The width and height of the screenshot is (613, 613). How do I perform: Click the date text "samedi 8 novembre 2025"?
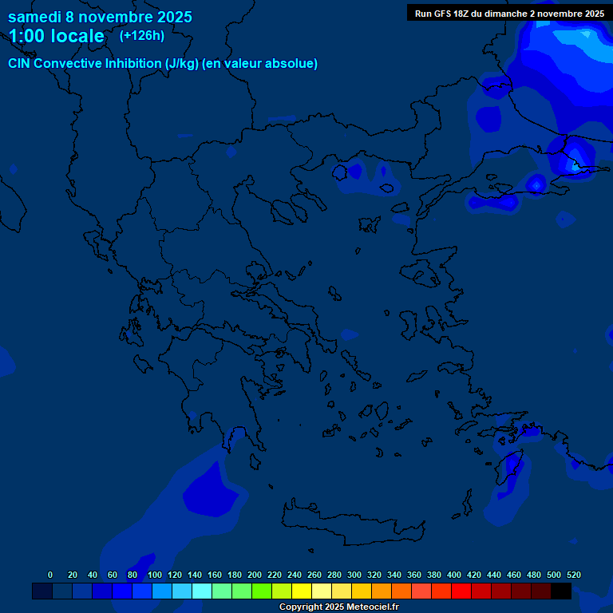point(100,16)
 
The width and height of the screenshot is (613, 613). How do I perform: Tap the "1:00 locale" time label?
point(56,36)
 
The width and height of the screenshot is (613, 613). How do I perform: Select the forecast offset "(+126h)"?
point(141,35)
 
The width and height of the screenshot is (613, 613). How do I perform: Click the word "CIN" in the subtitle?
point(20,63)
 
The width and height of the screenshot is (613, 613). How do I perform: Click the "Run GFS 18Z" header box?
point(509,13)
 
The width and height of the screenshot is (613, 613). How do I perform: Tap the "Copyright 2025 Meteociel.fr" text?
point(338,607)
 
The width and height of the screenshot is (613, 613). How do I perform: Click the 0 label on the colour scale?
point(50,575)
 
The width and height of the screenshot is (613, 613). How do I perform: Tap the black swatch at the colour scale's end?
point(561,591)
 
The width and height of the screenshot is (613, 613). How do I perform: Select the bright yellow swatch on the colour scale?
point(302,591)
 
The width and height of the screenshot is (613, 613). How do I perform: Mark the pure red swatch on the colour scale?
point(461,591)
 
